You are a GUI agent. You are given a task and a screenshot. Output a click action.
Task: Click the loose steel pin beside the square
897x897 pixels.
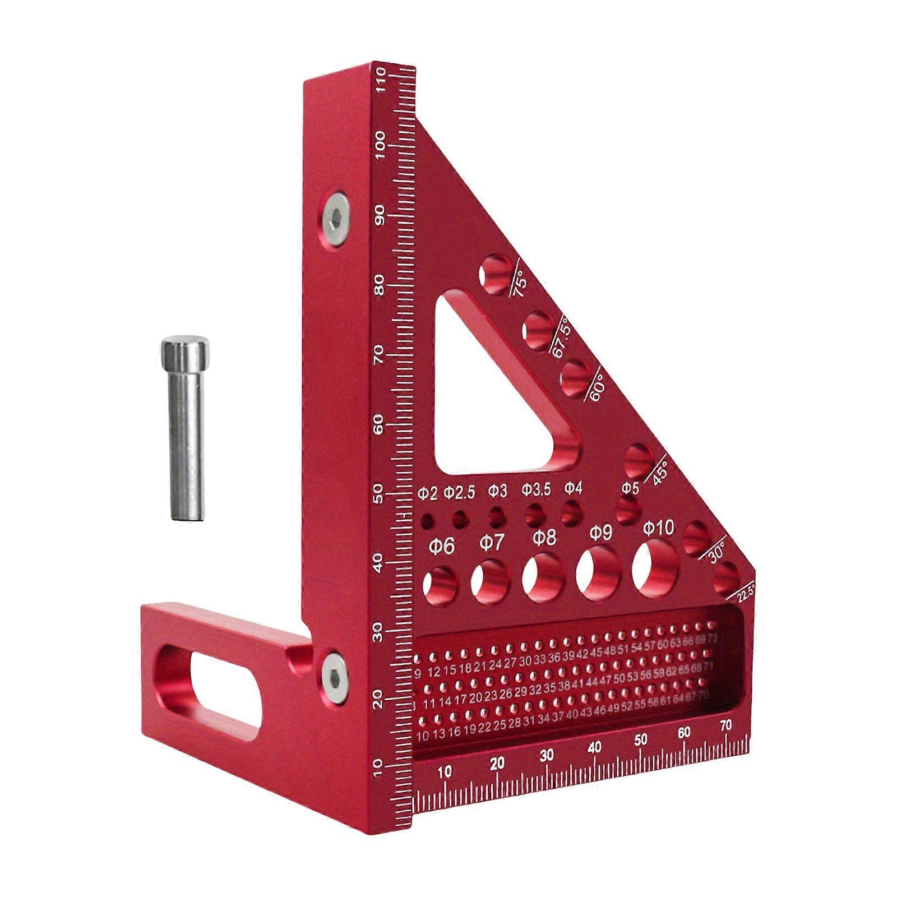(x=183, y=429)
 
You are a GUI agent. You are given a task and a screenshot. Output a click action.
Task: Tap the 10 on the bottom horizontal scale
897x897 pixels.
(x=444, y=771)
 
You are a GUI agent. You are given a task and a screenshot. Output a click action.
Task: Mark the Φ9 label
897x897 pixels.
(x=600, y=533)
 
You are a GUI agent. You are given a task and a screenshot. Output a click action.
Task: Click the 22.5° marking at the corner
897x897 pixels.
(x=746, y=592)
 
